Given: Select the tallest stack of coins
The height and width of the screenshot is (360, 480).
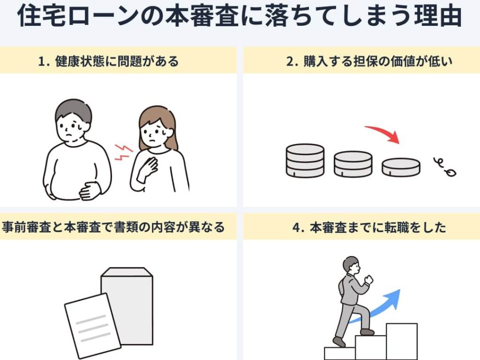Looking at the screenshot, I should tap(305, 160).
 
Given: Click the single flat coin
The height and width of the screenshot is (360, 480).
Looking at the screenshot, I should tap(400, 167).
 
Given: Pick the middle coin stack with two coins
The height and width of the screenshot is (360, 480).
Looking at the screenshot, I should tap(353, 164).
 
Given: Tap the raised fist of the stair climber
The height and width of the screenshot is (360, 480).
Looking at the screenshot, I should tap(369, 280).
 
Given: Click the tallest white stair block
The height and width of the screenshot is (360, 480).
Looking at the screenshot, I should tap(401, 341).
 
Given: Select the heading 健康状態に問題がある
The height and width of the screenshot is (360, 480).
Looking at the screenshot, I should tap(116, 61).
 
